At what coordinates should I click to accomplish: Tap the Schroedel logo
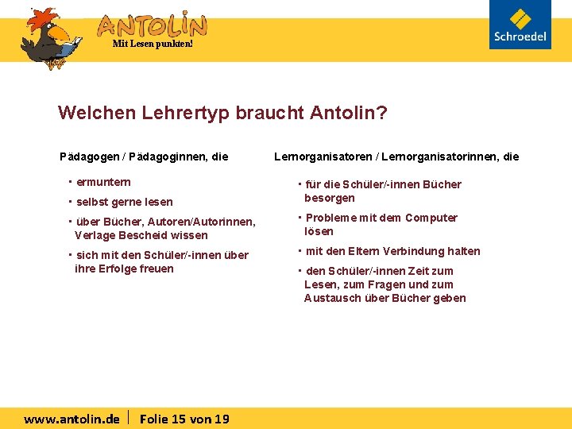tap(520, 25)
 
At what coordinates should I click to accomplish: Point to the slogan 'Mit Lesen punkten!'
tap(153, 44)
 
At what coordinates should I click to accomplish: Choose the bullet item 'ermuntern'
tap(103, 183)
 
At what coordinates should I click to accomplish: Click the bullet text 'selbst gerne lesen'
tap(124, 202)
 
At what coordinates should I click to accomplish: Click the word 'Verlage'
tap(95, 235)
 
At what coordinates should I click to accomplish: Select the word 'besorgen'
tap(330, 198)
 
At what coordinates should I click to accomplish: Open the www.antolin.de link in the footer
tap(72, 419)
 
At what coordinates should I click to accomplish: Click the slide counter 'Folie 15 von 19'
tap(184, 419)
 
